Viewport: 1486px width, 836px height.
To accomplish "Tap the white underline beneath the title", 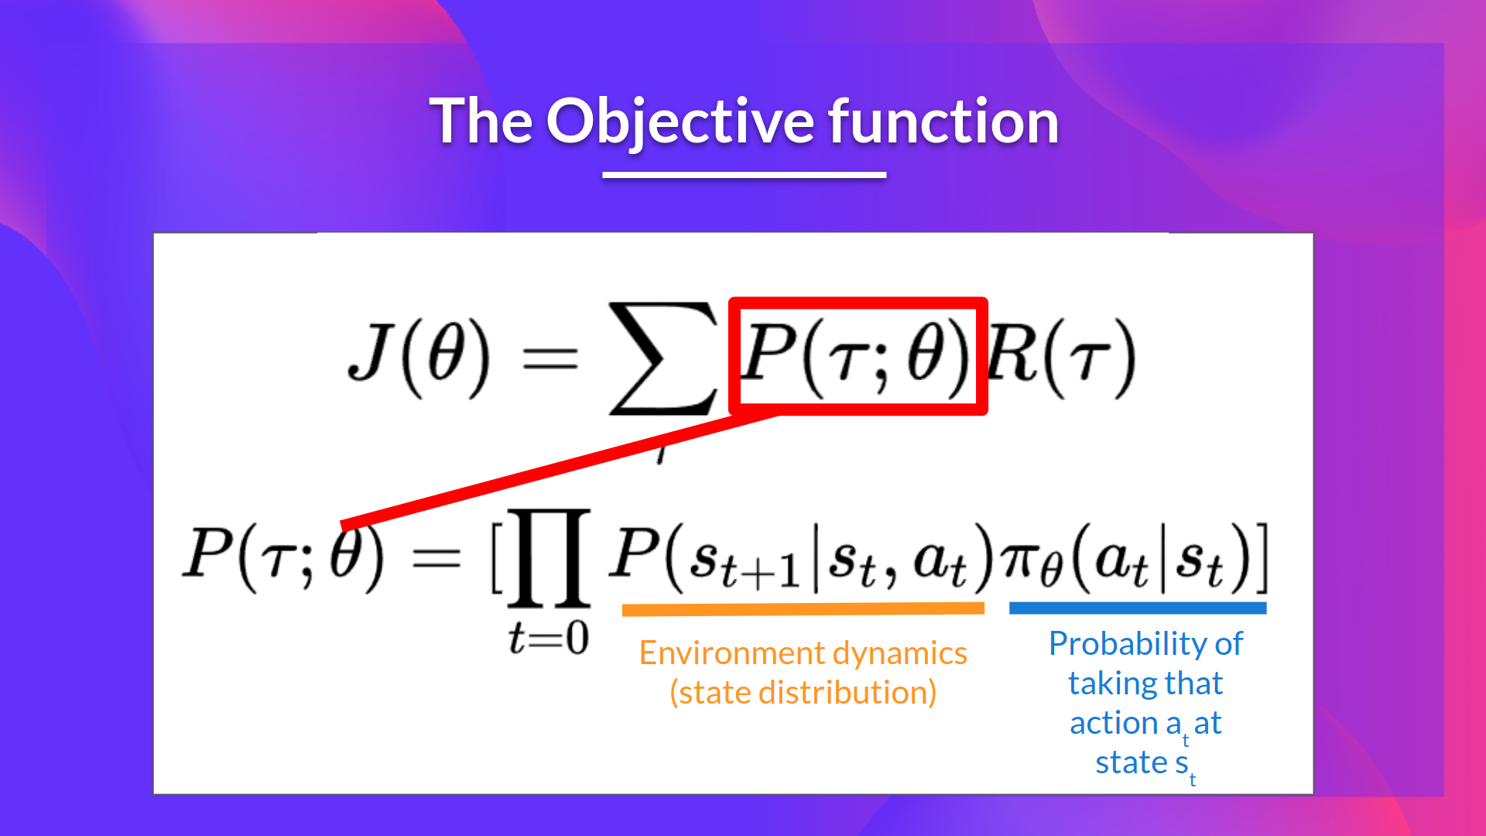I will click(x=744, y=175).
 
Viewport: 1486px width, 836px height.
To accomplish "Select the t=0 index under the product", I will click(x=549, y=639).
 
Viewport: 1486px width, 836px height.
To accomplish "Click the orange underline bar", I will click(x=803, y=610).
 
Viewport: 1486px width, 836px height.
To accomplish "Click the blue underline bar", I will click(x=1137, y=608).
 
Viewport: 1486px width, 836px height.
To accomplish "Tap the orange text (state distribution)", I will click(x=803, y=693).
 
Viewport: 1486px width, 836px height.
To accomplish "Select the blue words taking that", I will click(x=1145, y=684).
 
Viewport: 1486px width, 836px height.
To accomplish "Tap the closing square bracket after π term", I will click(x=1261, y=557).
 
